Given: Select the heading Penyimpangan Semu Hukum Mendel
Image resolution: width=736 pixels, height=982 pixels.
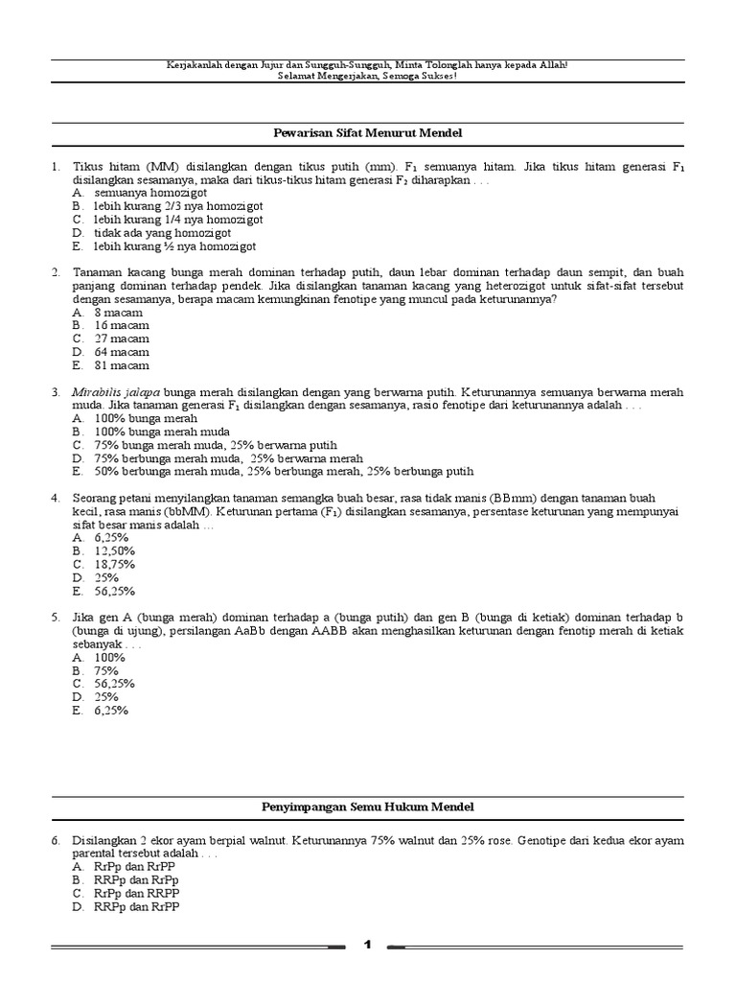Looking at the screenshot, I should (x=368, y=807).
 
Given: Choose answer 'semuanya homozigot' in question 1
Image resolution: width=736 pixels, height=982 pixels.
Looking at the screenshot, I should (x=139, y=192).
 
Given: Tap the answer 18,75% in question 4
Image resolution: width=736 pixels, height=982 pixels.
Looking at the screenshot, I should (x=114, y=564).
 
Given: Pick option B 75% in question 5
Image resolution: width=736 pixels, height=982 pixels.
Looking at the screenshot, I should (x=106, y=670).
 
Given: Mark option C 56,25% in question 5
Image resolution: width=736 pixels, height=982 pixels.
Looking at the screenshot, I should (x=114, y=684).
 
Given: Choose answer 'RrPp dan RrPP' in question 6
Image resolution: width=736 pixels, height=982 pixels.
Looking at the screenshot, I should (x=135, y=866).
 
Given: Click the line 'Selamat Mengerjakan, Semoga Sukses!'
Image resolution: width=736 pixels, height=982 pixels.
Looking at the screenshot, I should (x=367, y=76).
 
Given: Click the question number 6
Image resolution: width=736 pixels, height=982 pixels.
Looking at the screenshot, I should (x=57, y=839).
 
